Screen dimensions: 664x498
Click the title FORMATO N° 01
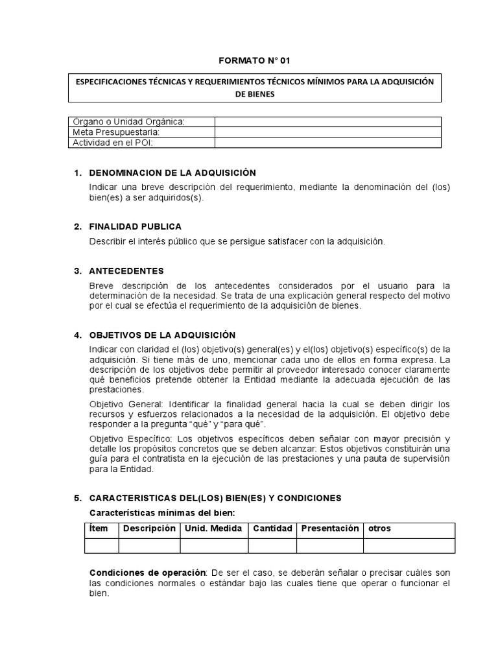tap(254, 60)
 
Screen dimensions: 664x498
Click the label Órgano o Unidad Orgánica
tap(128, 122)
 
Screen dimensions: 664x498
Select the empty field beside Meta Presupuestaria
tap(327, 132)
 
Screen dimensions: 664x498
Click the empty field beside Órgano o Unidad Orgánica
tap(327, 122)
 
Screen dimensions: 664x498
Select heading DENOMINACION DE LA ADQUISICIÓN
tap(172, 173)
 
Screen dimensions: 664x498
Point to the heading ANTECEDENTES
tap(126, 271)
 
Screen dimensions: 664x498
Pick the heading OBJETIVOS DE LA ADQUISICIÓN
tap(162, 335)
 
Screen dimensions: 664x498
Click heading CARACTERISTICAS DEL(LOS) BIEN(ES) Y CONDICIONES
tap(215, 498)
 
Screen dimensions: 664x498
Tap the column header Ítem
tap(99, 528)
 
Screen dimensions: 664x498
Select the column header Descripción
tap(149, 528)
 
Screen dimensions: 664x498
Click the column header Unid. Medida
tap(213, 528)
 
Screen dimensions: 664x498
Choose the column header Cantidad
tap(272, 528)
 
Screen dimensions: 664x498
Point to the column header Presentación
tap(329, 528)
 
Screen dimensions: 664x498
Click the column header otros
tap(379, 528)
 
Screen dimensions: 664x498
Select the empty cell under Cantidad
tap(272, 545)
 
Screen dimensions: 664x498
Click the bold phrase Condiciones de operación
tap(147, 573)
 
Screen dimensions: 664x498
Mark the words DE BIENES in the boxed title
tap(254, 94)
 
